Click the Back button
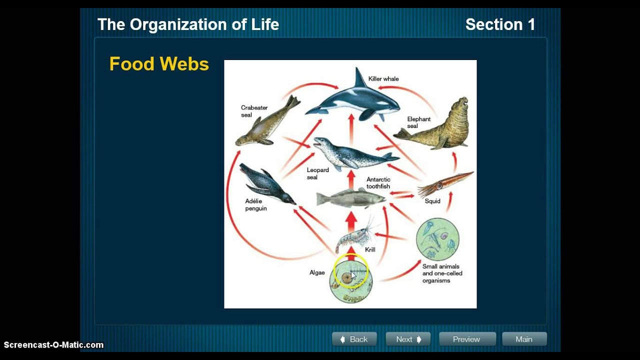coord(354,339)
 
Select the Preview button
coord(467,339)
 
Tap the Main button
coord(524,339)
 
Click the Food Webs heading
coord(159,64)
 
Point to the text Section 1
coord(500,24)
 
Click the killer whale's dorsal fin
coord(359,78)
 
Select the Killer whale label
coord(383,78)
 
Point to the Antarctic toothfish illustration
coord(350,198)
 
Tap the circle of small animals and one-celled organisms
coord(437,239)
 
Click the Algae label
coord(317,272)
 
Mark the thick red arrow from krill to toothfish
coord(351,221)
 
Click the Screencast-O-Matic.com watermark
coord(53,345)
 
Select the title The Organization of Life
coord(188,24)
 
